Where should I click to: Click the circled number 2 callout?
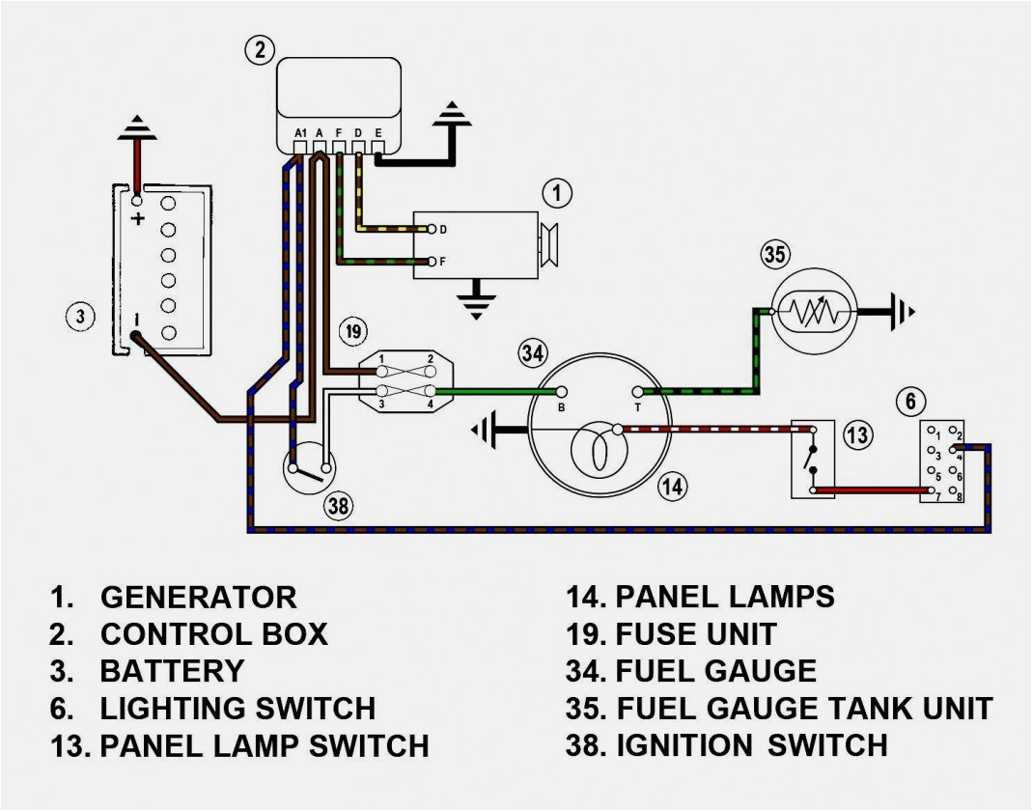(259, 50)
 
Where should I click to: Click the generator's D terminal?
(432, 230)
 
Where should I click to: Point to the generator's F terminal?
(432, 261)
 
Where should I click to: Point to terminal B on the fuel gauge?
(561, 392)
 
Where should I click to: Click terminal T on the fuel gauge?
(637, 392)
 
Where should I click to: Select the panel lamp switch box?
(813, 460)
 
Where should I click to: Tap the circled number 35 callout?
(775, 255)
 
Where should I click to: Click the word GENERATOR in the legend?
(199, 597)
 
